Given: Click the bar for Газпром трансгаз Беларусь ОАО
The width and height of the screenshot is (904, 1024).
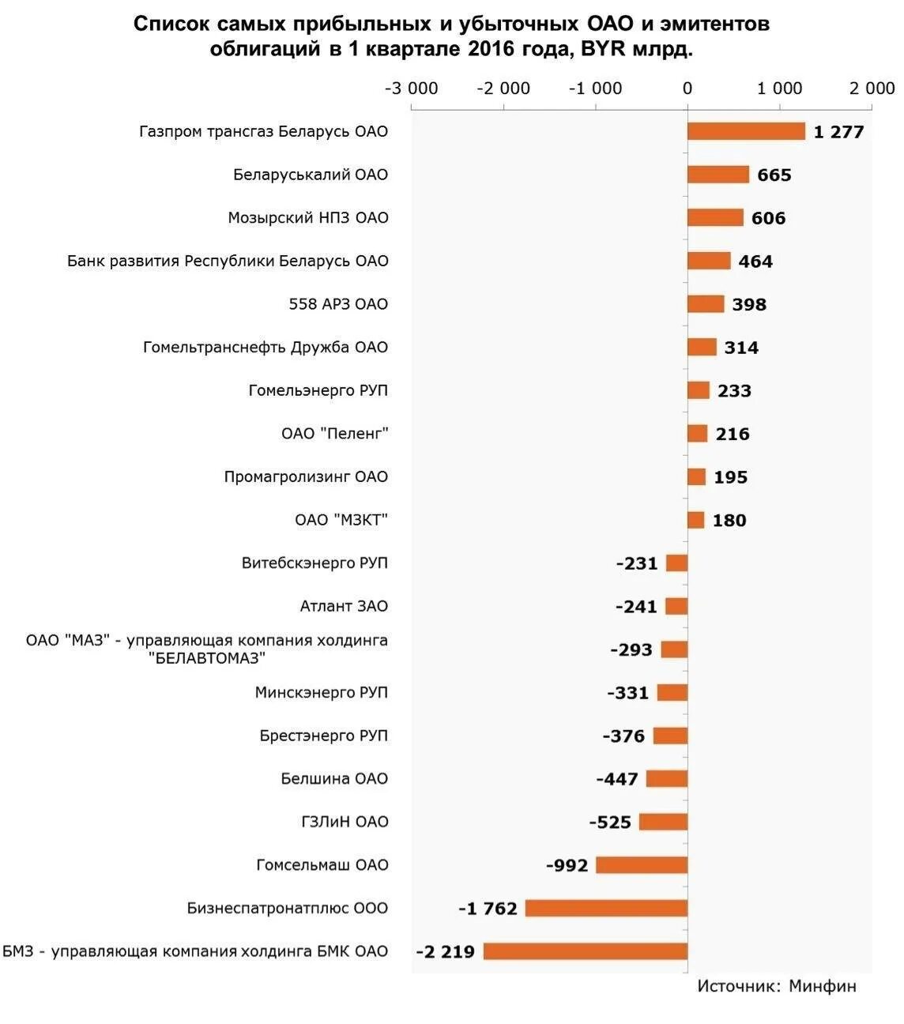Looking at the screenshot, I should click(x=745, y=131).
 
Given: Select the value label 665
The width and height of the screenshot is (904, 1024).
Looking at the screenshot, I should click(x=774, y=175).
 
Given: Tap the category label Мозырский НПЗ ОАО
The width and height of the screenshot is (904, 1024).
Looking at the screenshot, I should click(x=308, y=218).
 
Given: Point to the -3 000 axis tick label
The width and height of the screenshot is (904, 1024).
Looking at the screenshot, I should click(x=411, y=88).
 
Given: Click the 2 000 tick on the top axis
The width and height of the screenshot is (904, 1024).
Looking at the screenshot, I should click(x=872, y=88).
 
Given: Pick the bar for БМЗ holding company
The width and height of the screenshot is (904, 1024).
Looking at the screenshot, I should click(x=585, y=951).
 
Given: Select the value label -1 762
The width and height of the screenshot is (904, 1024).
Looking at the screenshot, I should click(x=488, y=909).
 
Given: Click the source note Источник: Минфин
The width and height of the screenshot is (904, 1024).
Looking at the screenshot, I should click(x=776, y=986).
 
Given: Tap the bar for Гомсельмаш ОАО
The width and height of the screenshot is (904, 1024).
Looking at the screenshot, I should click(x=641, y=865).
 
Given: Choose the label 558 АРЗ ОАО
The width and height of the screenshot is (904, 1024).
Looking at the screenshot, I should click(x=338, y=304).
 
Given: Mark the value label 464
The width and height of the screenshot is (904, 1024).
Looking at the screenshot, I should click(x=755, y=262).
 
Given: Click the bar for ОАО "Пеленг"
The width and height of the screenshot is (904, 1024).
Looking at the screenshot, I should click(x=697, y=434).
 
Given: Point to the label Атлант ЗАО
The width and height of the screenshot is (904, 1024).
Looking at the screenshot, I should click(x=344, y=606).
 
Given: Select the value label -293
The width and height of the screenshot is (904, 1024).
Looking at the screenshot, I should click(x=631, y=649).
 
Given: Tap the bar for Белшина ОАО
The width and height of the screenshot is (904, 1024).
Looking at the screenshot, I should click(x=666, y=779).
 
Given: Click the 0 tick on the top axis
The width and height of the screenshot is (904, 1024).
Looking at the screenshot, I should click(x=687, y=88).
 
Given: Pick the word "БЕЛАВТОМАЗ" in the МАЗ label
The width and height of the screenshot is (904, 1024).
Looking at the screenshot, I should click(x=207, y=658).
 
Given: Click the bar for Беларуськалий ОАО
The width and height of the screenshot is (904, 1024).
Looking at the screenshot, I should click(x=718, y=175).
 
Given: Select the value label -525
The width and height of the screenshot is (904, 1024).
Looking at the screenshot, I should click(x=610, y=823).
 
